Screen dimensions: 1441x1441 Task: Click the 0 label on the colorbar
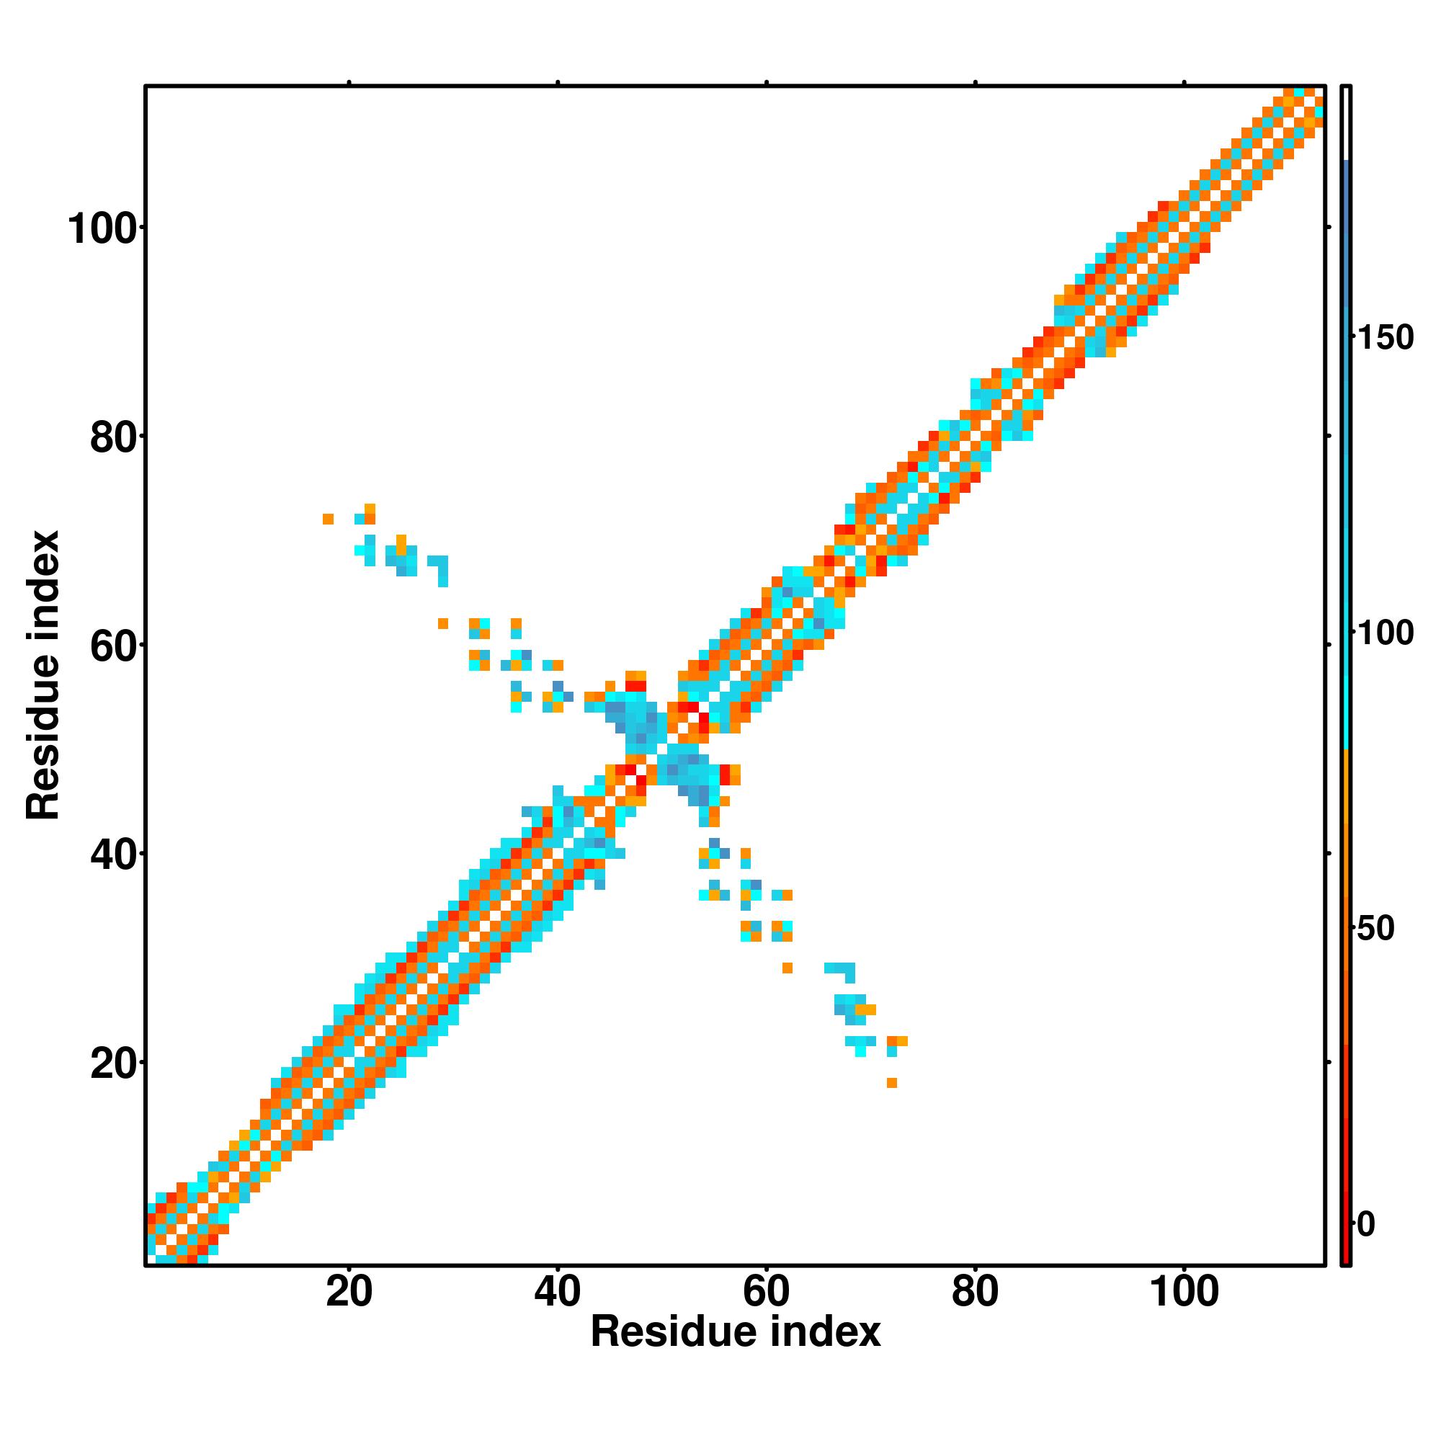pyautogui.click(x=1365, y=1224)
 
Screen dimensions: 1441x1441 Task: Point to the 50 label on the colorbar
pyautogui.click(x=1375, y=929)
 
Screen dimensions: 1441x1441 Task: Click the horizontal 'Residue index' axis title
pyautogui.click(x=736, y=1353)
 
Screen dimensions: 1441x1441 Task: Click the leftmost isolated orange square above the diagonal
pyautogui.click(x=328, y=519)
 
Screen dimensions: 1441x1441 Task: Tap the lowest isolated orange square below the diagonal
pyautogui.click(x=892, y=1083)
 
